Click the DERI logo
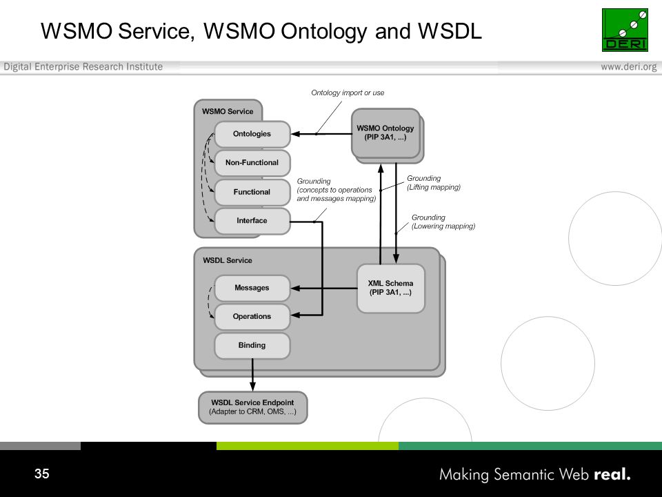tap(625, 30)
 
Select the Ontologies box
tap(252, 134)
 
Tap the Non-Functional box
tap(252, 163)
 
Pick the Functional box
tap(252, 192)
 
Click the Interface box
tap(252, 221)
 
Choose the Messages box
tap(252, 288)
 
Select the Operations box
tap(252, 317)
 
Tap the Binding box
tap(252, 345)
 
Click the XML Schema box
tap(390, 289)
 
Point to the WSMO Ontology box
tap(385, 133)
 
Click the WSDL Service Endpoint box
tap(252, 407)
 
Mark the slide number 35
tap(42, 474)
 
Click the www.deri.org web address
tap(629, 67)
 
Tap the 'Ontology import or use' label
tap(348, 92)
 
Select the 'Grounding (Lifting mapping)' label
tap(434, 182)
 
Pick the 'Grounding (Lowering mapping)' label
tap(443, 222)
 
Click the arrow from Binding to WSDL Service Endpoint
tap(252, 375)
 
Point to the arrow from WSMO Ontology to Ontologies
tap(321, 134)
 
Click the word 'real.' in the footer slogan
tap(612, 474)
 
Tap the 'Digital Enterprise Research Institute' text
tap(83, 67)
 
